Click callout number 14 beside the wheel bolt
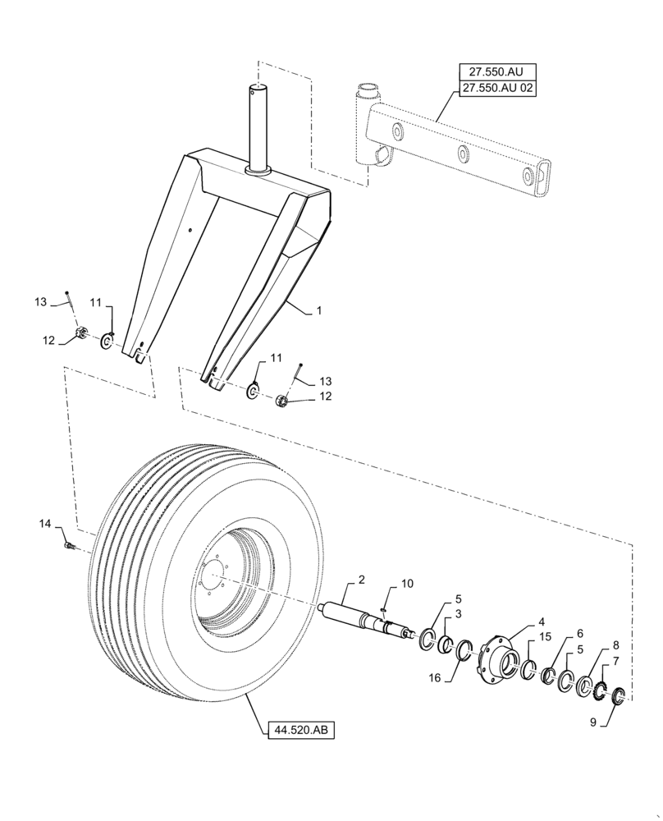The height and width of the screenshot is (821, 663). [x=44, y=523]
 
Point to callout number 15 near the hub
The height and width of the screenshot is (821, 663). [x=544, y=637]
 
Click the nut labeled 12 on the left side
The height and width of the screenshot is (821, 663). [x=82, y=333]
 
